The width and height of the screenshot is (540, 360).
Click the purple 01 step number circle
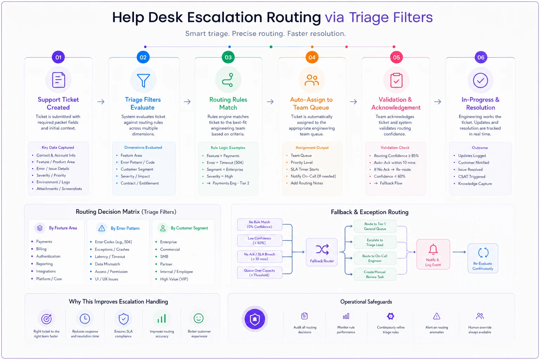58,57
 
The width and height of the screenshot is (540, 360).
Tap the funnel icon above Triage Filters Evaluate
143,80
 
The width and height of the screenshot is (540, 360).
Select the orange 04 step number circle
312,57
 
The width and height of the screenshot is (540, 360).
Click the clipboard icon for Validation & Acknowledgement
396,80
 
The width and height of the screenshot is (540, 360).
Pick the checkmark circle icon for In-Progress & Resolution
481,80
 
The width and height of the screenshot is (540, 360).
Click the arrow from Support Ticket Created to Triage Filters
101,102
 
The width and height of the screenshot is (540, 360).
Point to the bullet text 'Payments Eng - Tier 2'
231,183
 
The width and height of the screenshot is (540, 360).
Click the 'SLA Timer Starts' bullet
305,169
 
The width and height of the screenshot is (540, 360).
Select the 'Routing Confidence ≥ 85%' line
396,156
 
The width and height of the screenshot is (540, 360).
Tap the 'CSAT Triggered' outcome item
471,176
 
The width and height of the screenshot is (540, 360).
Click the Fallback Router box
322,252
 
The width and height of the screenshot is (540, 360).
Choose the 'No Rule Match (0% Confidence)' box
260,225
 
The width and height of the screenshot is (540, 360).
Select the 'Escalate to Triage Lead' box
375,242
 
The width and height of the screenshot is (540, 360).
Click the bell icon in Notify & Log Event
433,249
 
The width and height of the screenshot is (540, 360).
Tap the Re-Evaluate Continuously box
483,258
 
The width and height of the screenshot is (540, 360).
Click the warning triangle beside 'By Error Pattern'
102,228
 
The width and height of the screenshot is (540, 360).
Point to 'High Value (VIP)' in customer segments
174,279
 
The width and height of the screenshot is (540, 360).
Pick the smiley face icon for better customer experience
199,318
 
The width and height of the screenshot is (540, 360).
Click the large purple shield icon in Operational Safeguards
255,319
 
